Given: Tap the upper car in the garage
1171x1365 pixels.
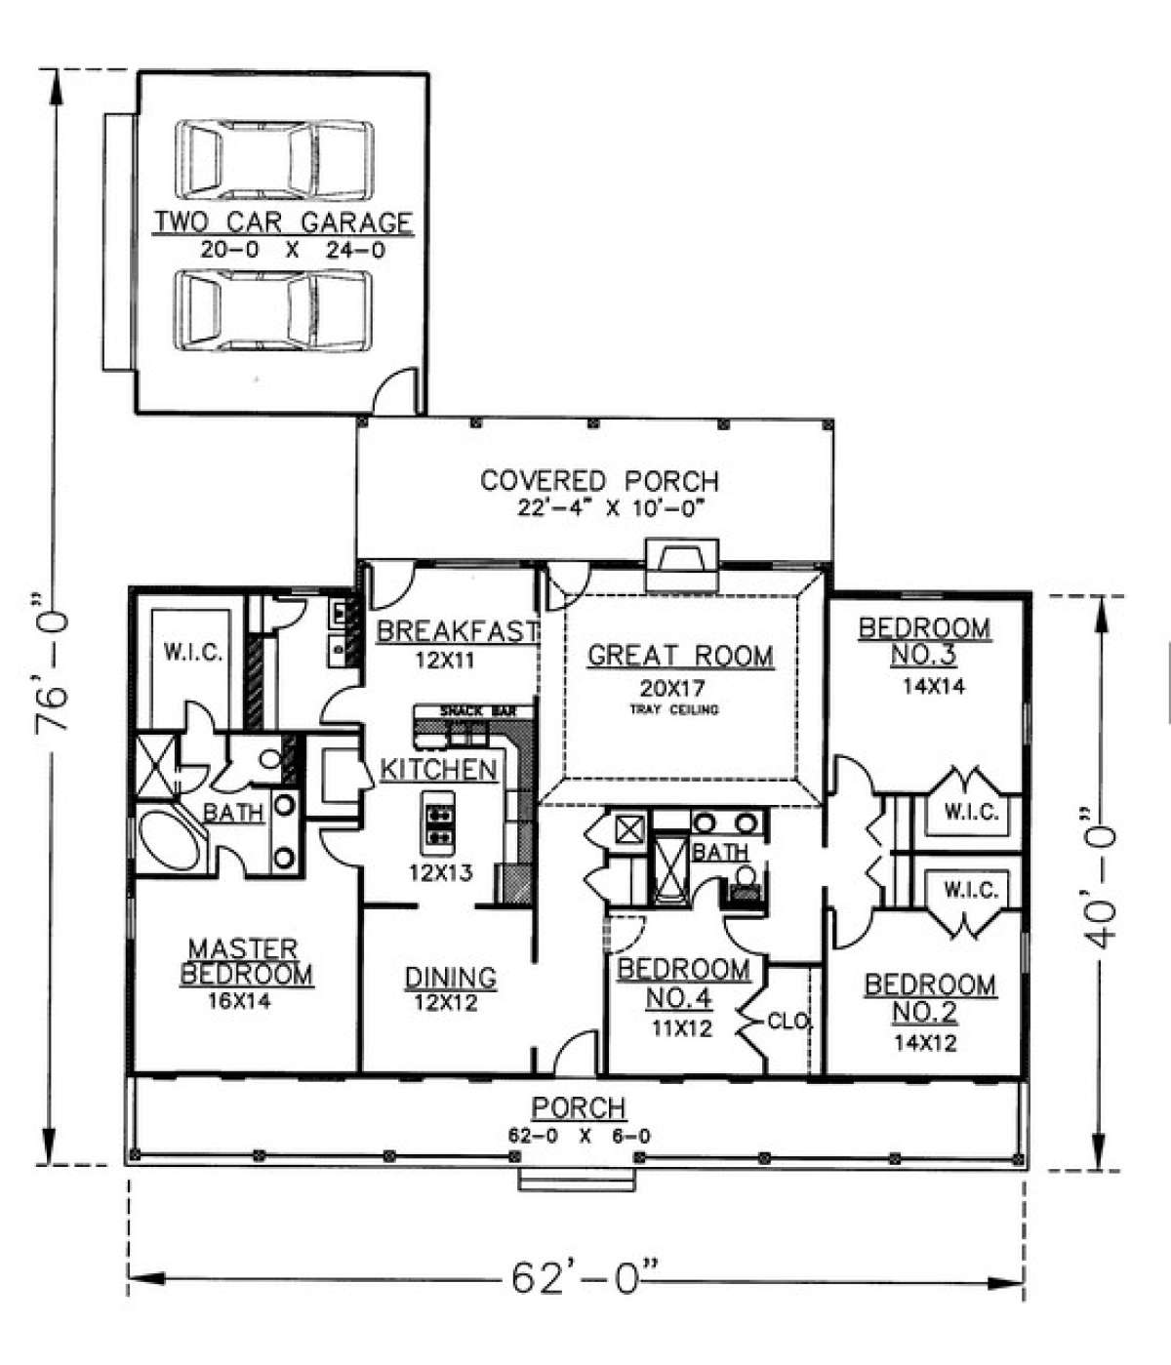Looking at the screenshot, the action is pyautogui.click(x=274, y=159).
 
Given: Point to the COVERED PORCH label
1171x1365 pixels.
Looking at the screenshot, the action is pyautogui.click(x=599, y=480).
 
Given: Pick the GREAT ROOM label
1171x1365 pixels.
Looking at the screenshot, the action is pyautogui.click(x=680, y=656).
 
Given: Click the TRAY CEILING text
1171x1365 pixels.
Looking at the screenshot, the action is pyautogui.click(x=674, y=710).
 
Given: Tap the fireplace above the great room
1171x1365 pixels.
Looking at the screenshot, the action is pyautogui.click(x=681, y=565).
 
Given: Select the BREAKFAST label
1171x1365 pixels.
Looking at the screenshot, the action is pyautogui.click(x=457, y=630).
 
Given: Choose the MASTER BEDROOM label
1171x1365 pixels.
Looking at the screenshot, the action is pyautogui.click(x=246, y=962).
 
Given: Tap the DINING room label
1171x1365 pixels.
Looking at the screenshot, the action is pyautogui.click(x=451, y=978).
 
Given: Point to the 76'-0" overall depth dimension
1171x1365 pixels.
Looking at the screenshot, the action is pyautogui.click(x=52, y=669).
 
